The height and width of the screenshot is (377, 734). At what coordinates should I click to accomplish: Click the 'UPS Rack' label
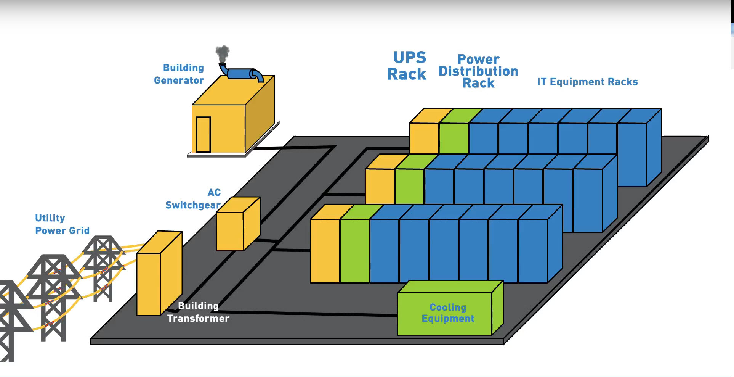pos(407,66)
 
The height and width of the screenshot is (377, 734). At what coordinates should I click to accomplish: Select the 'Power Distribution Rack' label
pos(478,71)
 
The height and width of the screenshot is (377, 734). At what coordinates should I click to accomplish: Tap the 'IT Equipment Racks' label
pos(587,82)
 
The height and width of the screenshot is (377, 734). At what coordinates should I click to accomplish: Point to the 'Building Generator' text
pos(179,74)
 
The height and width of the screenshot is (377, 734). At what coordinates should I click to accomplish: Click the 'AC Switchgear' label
pos(194,199)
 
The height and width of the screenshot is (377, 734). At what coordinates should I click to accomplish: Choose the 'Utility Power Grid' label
pos(62,224)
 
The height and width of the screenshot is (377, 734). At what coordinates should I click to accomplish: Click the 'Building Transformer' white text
pos(199,312)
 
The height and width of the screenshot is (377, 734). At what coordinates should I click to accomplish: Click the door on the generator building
pos(203,134)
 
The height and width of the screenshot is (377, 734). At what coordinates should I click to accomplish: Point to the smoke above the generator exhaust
pos(223,53)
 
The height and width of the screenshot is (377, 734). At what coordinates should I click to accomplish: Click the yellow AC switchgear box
pos(230,231)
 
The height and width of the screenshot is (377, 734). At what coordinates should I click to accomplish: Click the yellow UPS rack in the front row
pos(325,251)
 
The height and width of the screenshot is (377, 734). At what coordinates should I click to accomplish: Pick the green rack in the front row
pos(354,251)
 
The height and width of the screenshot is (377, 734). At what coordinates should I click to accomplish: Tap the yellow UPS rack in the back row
pos(424,138)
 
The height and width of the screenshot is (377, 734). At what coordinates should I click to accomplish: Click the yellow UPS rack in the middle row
pos(380,186)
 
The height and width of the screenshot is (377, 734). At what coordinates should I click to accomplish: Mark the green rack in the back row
pos(454,138)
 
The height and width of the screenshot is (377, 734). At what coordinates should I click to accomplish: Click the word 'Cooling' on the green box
pos(448,307)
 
